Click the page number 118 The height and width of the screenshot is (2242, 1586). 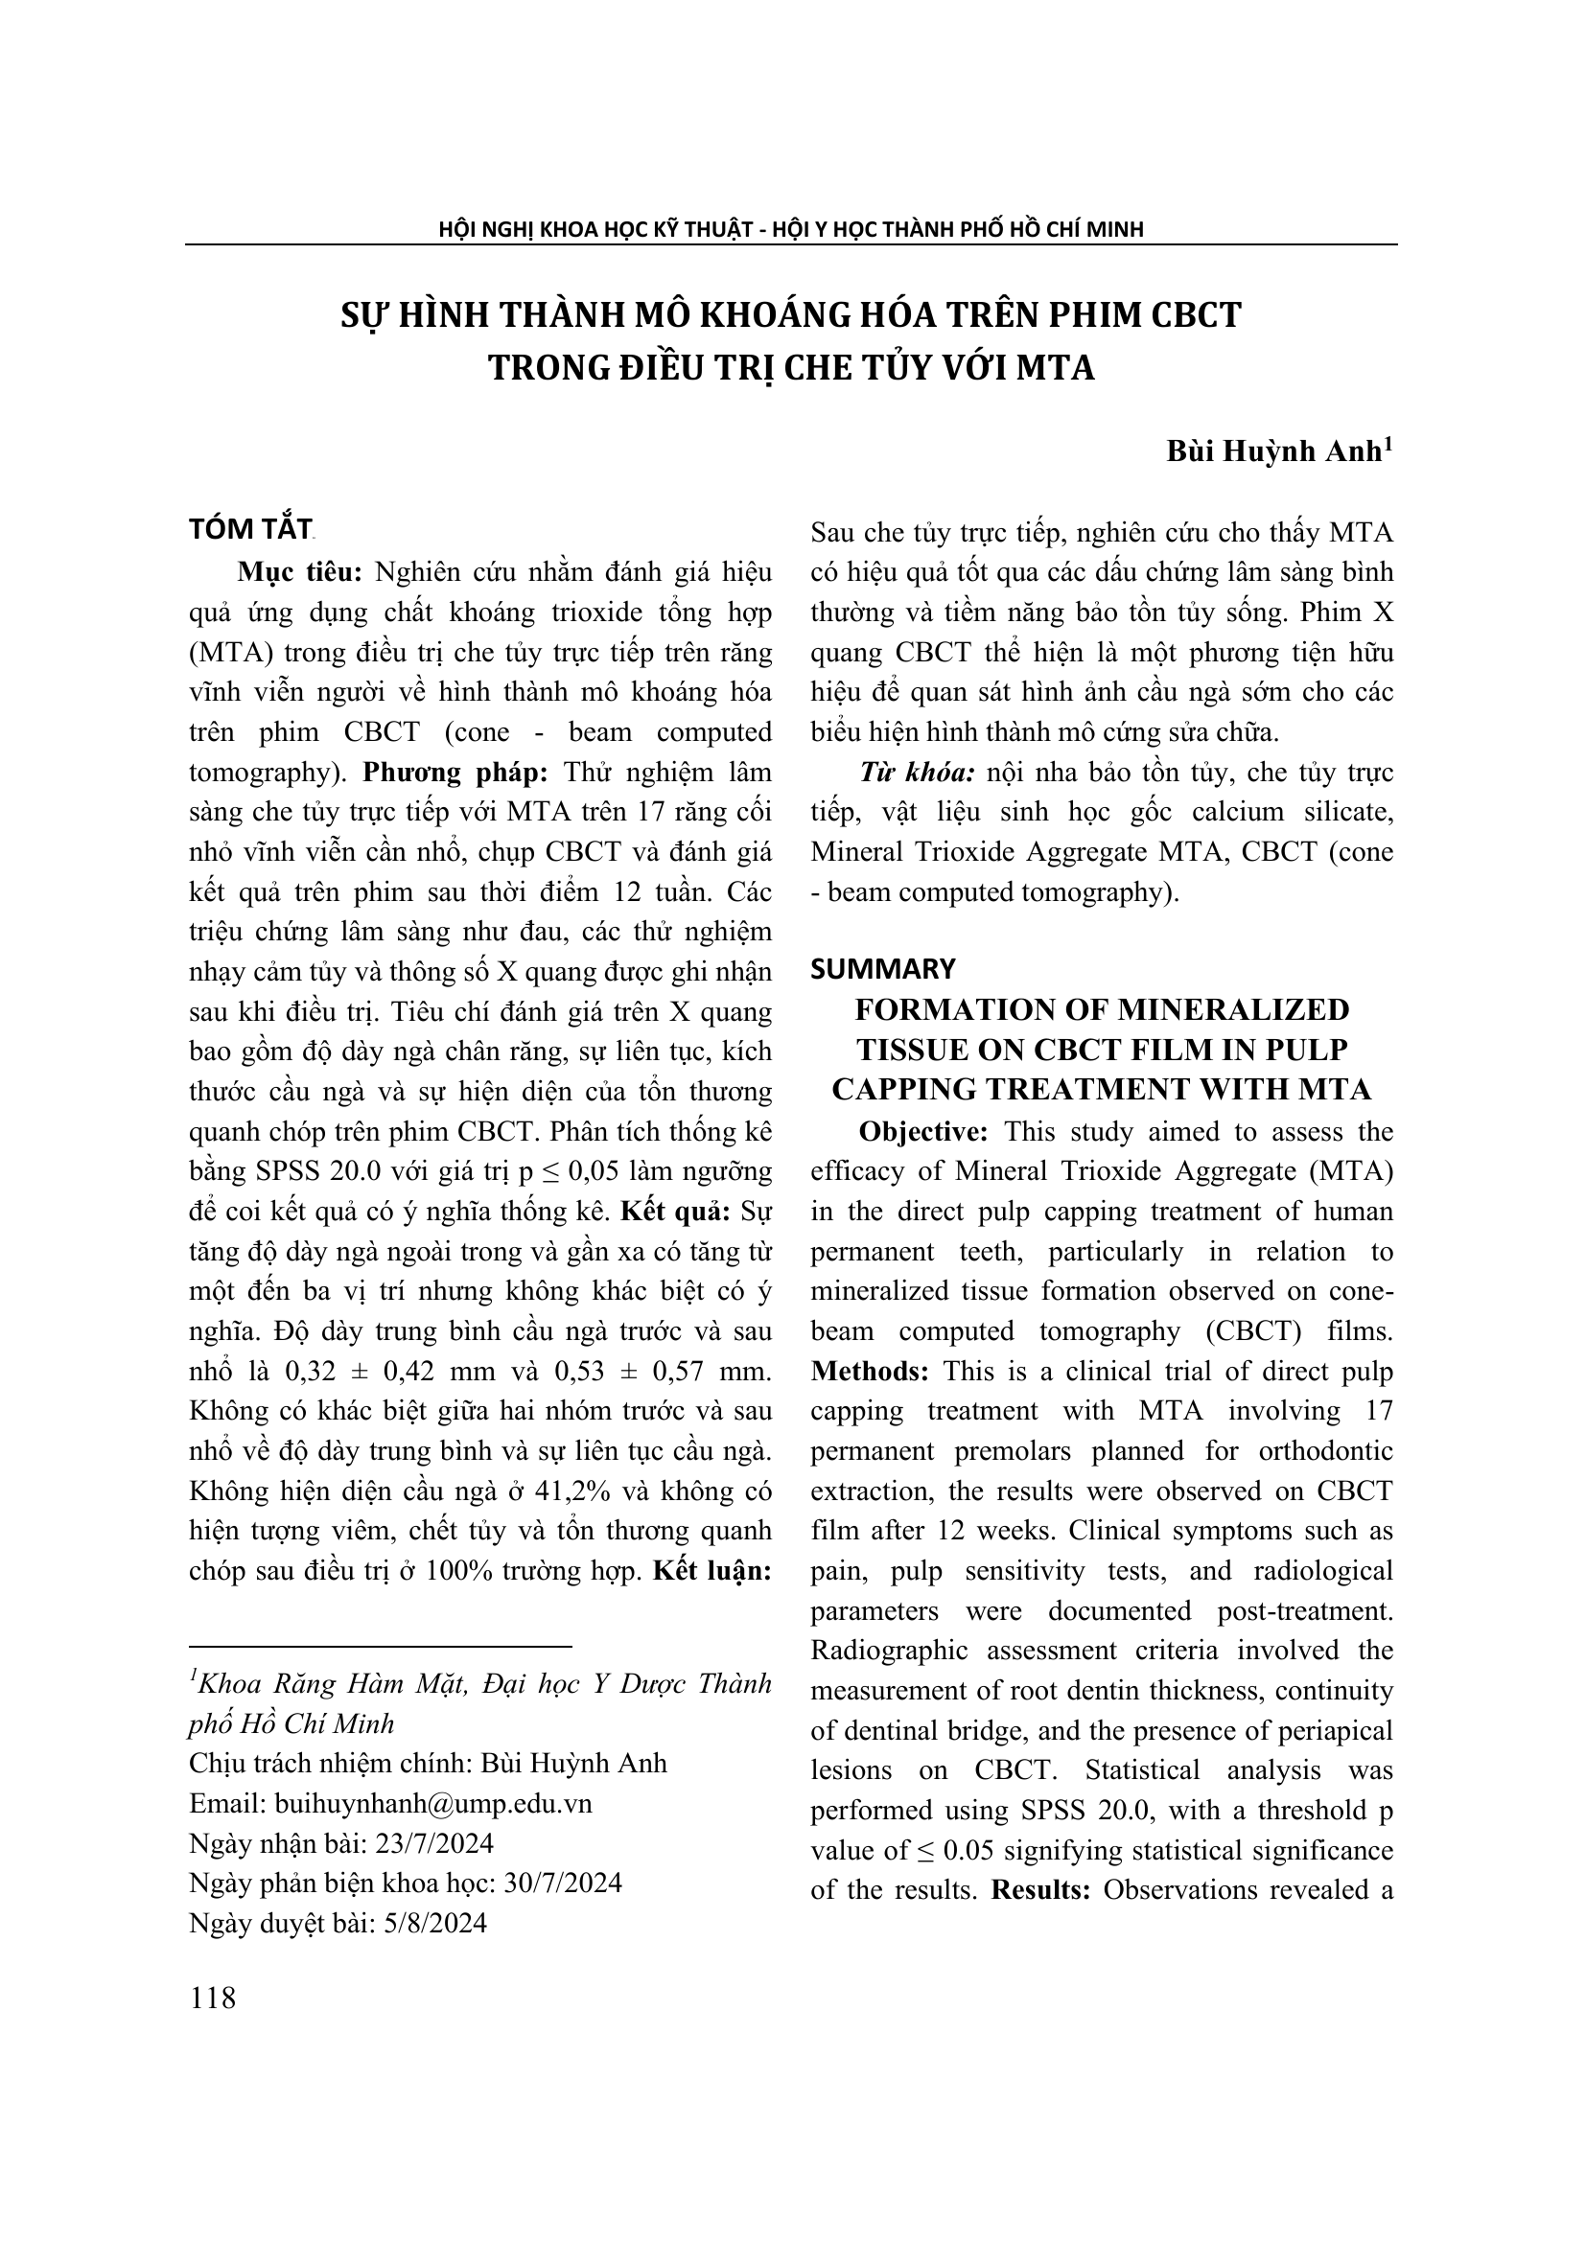[213, 1998]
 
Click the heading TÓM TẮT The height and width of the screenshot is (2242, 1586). [249, 530]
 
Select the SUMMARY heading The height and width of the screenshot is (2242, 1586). [883, 969]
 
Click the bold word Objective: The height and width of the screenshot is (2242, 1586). [922, 1132]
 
